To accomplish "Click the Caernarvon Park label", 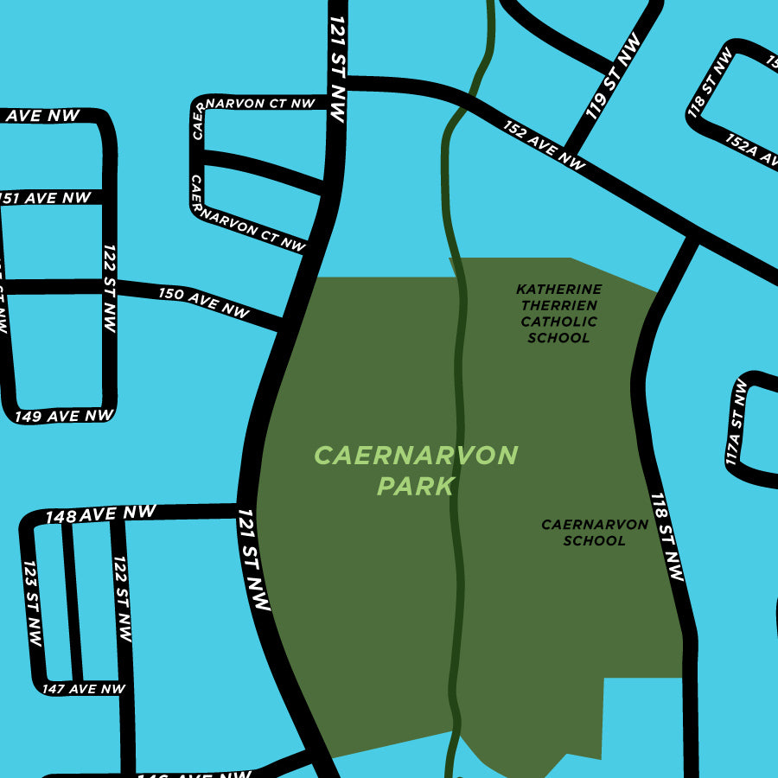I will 416,470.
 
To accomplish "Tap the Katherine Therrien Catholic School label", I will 558,313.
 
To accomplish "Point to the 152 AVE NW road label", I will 545,143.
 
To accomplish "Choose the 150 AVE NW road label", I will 203,303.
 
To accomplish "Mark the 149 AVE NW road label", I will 64,416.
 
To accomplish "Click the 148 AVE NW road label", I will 100,514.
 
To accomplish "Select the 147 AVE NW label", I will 84,689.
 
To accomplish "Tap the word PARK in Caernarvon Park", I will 416,486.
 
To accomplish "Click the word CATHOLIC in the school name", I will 558,322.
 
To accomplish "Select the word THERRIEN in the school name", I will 558,305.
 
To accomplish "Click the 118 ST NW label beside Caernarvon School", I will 666,537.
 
